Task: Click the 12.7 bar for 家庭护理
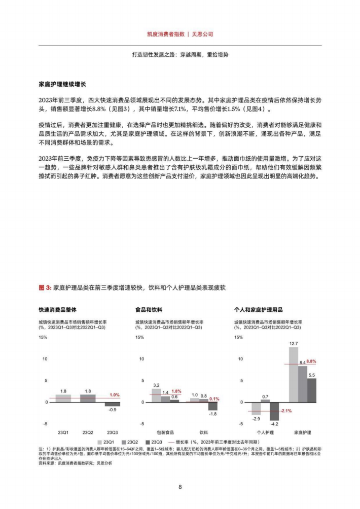293,375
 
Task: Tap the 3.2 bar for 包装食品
156,395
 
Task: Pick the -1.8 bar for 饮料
212,406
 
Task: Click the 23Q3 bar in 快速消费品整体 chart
113,404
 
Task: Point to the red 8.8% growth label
311,361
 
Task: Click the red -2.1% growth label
286,411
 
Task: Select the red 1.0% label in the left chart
115,395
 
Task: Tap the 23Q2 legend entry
133,442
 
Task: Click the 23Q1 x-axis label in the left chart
63,432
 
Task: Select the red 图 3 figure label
45,287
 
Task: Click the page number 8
180,487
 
